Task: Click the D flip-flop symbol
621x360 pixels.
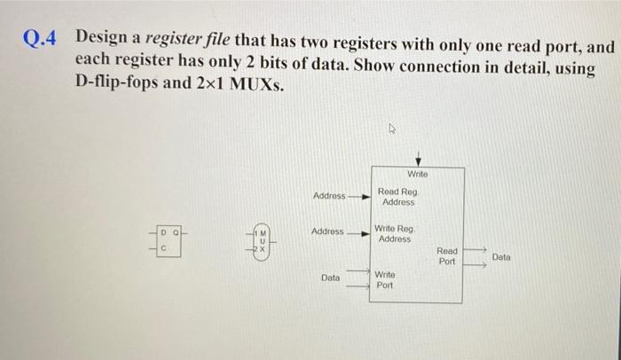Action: click(x=169, y=239)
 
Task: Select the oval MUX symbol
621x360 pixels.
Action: click(x=262, y=239)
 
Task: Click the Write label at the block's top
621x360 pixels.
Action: click(x=419, y=174)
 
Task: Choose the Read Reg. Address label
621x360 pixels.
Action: click(x=397, y=197)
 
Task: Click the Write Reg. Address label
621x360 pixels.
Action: click(x=396, y=233)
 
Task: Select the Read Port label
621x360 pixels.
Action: click(x=447, y=256)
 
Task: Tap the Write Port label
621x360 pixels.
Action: click(x=385, y=280)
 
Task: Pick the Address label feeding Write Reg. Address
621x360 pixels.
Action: click(x=327, y=231)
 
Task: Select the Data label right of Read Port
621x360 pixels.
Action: click(x=502, y=256)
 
